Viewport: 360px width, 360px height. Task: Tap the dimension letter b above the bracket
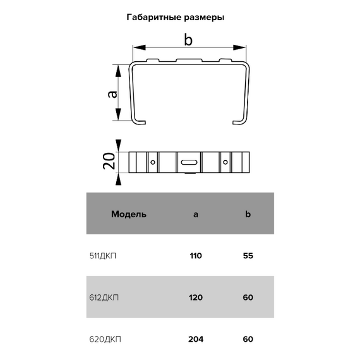(188, 40)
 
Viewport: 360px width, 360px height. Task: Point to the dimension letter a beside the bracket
(112, 93)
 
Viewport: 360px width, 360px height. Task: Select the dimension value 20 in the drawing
(109, 162)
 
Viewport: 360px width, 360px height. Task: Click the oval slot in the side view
(189, 162)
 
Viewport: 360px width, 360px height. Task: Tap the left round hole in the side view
(153, 162)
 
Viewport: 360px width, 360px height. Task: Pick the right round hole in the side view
(224, 162)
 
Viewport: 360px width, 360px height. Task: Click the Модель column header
(129, 214)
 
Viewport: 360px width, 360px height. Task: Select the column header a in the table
(195, 214)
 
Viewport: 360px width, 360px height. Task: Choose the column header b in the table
(248, 214)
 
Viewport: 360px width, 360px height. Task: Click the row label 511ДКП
(105, 256)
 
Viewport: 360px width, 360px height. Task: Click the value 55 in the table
(248, 256)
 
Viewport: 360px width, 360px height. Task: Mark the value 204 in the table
(195, 339)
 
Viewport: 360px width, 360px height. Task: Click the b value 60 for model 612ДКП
(248, 298)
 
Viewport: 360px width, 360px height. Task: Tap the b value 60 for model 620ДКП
(248, 339)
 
